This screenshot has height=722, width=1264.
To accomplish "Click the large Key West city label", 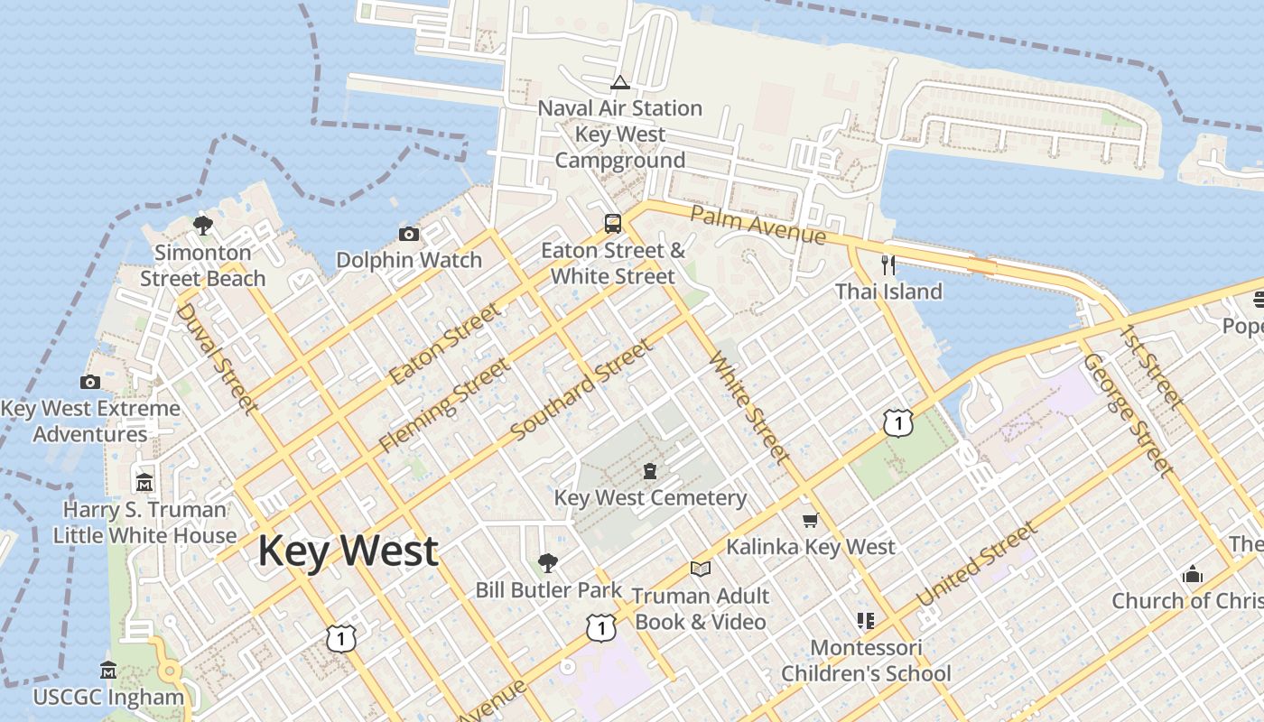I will click(349, 551).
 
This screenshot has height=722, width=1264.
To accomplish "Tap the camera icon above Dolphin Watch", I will click(409, 235).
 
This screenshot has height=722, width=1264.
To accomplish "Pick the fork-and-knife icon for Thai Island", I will click(888, 264).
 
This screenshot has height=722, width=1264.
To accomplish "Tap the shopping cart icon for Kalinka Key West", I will click(811, 521).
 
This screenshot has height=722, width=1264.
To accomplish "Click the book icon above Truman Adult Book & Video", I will click(701, 569).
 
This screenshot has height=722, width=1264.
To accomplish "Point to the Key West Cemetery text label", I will click(650, 497).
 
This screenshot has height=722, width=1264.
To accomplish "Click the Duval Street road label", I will click(216, 357).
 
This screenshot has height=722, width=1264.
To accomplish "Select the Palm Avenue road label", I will click(757, 225).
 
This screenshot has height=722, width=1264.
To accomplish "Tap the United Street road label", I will click(976, 565).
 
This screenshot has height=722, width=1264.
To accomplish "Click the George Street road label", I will click(1127, 413).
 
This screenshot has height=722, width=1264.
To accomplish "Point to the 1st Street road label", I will click(1151, 365).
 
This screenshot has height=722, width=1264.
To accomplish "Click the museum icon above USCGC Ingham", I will click(108, 670).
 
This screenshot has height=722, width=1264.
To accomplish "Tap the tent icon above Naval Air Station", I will click(619, 83).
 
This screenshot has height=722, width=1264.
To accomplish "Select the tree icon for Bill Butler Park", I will click(547, 563).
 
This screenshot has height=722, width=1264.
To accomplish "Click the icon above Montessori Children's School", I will click(866, 621).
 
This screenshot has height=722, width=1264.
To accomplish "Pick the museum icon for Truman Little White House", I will click(144, 482).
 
